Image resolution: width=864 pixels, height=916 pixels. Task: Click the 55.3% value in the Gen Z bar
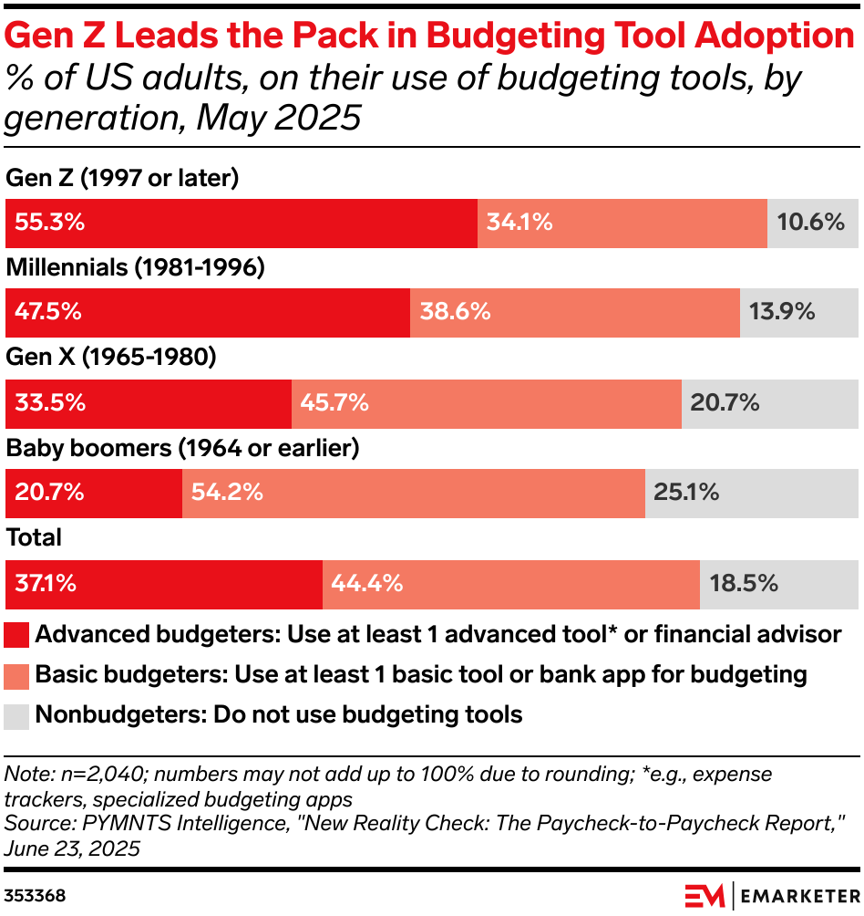pos(47,223)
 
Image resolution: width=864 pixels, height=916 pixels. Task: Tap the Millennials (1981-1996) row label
pos(135,268)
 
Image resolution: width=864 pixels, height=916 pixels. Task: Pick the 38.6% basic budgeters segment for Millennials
pos(574,312)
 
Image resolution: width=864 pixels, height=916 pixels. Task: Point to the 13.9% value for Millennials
pos(781,312)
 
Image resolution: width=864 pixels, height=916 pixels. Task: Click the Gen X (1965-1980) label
pos(111,358)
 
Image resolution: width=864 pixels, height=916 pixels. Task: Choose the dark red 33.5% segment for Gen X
pos(149,402)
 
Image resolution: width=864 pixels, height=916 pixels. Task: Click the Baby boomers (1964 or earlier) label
pos(183,448)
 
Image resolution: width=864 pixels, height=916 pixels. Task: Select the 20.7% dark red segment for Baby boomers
pos(94,493)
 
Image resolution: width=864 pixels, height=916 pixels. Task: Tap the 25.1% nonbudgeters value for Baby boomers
pos(686,493)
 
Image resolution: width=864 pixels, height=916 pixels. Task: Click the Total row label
pos(34,537)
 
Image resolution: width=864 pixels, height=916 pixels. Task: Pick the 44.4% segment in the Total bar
pos(510,583)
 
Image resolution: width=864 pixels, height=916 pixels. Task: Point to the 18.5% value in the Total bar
pos(743,583)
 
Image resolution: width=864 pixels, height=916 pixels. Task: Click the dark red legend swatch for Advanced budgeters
pos(17,635)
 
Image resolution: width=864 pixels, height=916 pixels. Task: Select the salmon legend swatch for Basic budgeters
pos(17,675)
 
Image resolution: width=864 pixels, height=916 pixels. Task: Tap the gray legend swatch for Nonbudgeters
pos(17,715)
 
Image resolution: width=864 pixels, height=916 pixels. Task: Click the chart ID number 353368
pos(35,895)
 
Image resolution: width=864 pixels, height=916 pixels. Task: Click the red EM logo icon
pos(704,894)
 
